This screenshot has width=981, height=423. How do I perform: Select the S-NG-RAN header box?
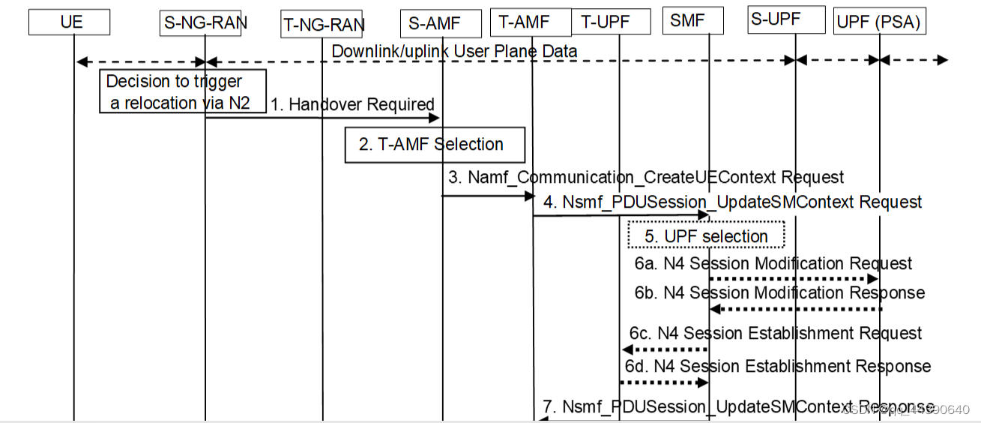204,22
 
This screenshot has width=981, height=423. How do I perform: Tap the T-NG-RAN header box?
323,24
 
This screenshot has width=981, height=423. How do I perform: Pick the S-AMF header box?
441,22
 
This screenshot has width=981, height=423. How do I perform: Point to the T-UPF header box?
611,22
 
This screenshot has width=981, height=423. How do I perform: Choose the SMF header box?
693,21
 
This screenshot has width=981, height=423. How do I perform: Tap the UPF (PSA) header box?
878,22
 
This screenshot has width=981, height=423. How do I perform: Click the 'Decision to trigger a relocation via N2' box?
183,91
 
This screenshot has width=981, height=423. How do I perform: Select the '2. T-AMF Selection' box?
434,144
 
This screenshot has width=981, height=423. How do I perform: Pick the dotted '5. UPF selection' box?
706,235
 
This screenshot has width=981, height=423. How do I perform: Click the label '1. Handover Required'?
352,104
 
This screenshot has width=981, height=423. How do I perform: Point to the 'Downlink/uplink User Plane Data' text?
454,51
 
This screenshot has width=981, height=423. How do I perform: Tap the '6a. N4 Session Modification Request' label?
773,263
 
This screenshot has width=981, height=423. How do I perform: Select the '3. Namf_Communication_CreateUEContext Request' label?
646,177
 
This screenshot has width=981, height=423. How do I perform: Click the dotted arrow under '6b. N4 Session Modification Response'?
796,309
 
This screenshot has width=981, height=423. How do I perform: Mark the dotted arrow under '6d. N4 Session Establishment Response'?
664,382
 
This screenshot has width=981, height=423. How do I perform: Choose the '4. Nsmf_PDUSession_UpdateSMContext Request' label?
733,202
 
